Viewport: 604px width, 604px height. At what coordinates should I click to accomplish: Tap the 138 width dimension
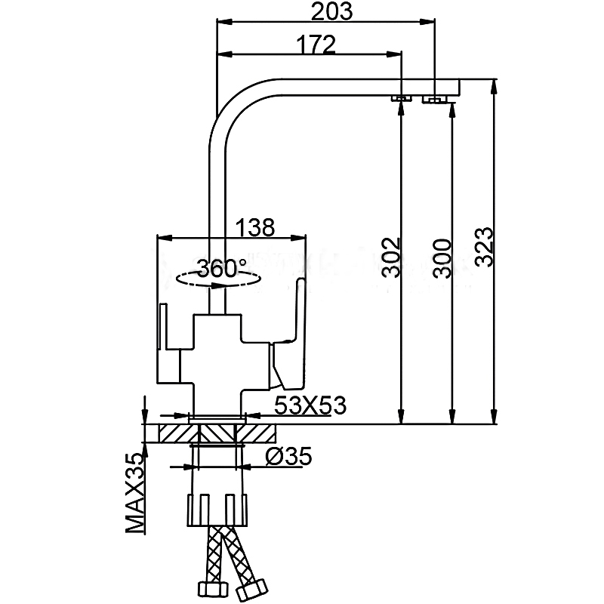[254, 226]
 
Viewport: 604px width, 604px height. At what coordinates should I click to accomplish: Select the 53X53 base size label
[310, 405]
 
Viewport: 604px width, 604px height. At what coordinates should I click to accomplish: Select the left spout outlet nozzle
[401, 97]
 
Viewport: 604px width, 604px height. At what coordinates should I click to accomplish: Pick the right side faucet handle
[290, 332]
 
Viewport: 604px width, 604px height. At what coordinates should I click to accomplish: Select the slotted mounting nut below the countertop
[217, 508]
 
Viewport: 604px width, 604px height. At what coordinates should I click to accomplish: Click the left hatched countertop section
[177, 433]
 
